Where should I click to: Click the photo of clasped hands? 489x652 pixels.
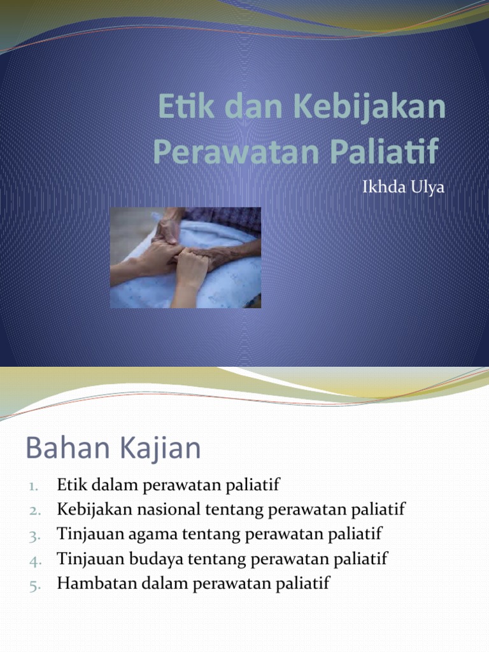185,257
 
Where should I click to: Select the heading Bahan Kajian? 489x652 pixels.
113,449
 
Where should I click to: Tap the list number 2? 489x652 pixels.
34,511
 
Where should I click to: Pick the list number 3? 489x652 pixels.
34,535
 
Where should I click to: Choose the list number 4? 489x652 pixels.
34,560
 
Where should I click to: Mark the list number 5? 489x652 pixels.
34,585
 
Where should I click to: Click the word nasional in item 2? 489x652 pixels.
167,509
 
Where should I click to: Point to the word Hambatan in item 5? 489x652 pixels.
92,584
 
